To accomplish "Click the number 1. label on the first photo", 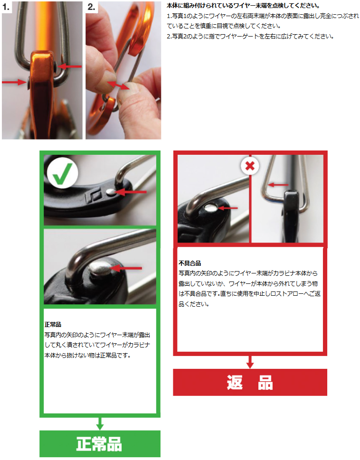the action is point(6,7).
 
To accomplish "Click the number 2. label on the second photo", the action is point(91,7).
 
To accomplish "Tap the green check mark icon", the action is point(62,173).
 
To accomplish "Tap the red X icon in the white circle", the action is point(250,166).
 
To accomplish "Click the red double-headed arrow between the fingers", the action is point(118,85).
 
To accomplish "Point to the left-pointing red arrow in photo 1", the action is point(69,66).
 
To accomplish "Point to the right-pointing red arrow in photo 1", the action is point(14,82).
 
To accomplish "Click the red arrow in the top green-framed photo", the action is point(131,192).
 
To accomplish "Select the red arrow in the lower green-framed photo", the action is point(126,268).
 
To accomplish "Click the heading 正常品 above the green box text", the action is point(53,324).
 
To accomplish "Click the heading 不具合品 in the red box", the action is point(190,263).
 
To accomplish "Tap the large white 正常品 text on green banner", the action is point(99,444).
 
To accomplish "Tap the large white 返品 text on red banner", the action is point(250,382).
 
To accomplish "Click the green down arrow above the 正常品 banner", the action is point(100,423).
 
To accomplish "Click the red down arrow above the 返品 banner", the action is point(250,362).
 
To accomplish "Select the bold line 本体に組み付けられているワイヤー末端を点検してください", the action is point(243,6).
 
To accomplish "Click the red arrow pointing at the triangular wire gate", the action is point(278,185).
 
